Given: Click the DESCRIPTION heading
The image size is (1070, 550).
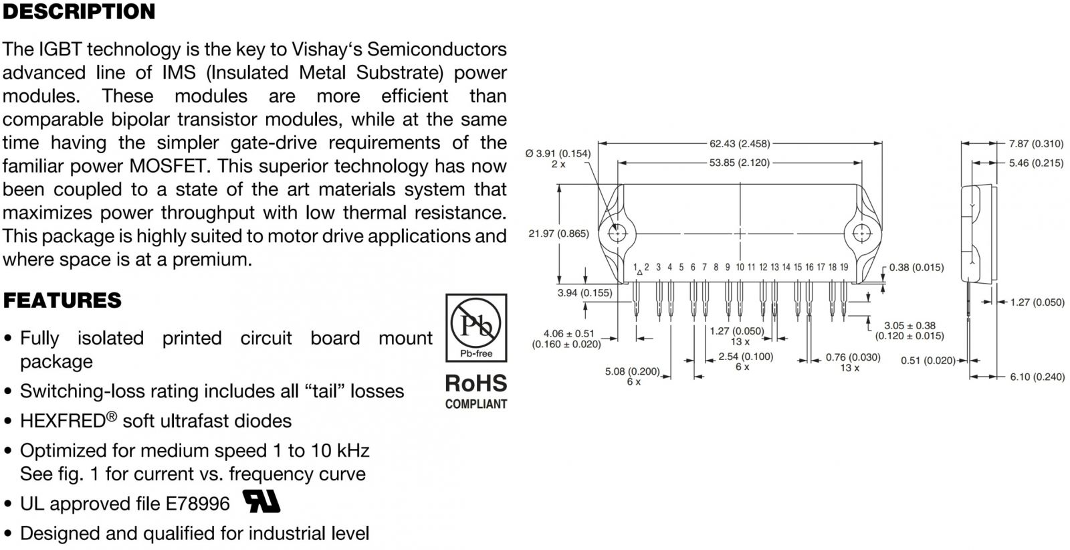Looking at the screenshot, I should [x=79, y=12].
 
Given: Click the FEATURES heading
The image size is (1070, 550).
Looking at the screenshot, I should [x=62, y=300].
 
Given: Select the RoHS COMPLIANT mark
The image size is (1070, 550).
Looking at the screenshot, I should [x=475, y=391].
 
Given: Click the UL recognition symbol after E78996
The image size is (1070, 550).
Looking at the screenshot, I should [x=261, y=501].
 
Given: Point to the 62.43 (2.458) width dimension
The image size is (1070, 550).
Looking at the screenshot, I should [x=739, y=143].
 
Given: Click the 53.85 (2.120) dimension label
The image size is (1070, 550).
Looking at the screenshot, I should [x=739, y=163].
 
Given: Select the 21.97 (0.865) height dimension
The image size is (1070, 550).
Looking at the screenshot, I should [x=558, y=234].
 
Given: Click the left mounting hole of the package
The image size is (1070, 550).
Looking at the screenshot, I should [x=617, y=234].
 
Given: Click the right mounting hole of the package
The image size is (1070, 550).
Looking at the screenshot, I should [x=862, y=234].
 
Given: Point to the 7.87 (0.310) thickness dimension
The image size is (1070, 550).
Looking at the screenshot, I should [x=1036, y=143].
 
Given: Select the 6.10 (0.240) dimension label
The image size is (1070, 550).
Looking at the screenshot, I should [x=1037, y=377].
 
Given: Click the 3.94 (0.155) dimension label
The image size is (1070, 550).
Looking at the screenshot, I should [x=584, y=292].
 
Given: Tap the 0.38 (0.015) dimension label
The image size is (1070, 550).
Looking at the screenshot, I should [x=916, y=267].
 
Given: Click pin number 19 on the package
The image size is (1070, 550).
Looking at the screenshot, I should [x=844, y=267].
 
